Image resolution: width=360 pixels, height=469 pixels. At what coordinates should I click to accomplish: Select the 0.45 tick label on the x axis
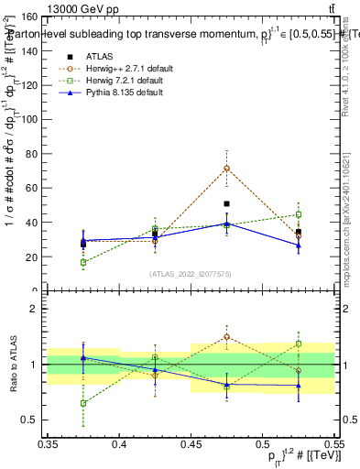(x=191, y=445)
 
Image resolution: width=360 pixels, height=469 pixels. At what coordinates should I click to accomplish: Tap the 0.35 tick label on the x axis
(x=48, y=445)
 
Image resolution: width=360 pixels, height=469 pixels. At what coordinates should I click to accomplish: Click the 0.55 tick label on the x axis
(x=333, y=445)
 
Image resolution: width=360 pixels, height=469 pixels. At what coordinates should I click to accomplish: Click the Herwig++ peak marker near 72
(x=226, y=168)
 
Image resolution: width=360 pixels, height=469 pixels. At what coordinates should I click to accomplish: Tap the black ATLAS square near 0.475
(x=226, y=203)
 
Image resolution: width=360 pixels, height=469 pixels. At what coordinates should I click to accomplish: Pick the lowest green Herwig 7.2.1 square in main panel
(x=83, y=262)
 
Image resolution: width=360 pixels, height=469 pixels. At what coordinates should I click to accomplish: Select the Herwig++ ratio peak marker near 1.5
(x=226, y=336)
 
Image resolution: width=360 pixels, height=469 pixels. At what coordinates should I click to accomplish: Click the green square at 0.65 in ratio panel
(x=83, y=403)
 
